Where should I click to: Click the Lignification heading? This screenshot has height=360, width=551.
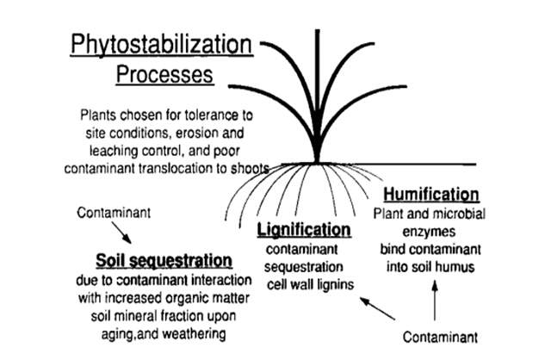(305, 230)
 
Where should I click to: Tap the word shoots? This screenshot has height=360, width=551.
(249, 169)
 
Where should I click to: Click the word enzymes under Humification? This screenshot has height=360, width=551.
(428, 233)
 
